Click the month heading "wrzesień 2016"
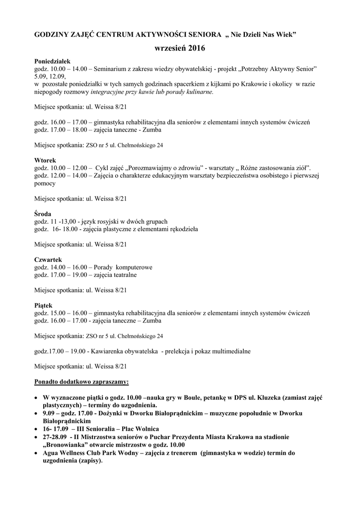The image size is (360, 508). pos(179,48)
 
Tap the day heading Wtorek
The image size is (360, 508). pos(45,161)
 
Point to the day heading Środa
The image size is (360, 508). pos(44,213)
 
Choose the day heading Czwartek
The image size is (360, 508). pos(48,259)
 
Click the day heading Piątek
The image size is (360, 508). pos(43,305)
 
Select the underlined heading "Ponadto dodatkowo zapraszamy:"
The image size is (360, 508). pos(81,382)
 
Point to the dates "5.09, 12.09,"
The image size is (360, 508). pos(50,76)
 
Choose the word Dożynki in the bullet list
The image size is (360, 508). pos(109,413)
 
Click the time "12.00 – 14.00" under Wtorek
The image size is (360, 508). pos(69,176)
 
